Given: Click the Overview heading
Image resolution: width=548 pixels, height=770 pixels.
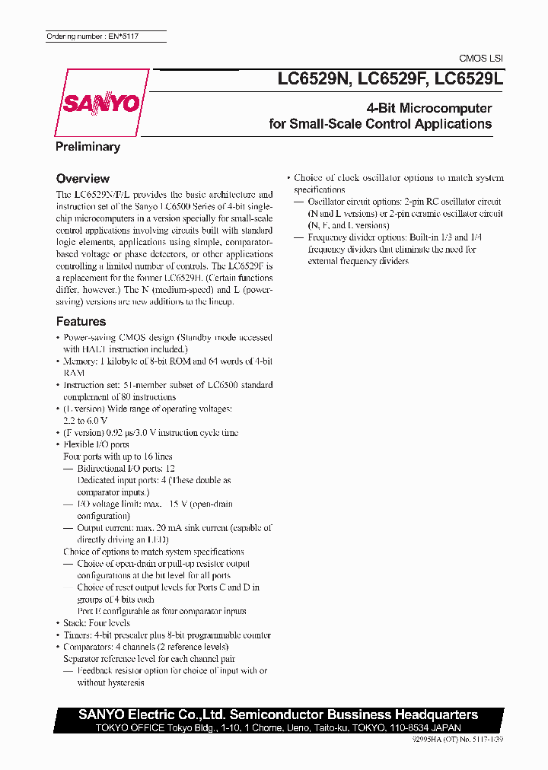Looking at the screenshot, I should click(83, 179).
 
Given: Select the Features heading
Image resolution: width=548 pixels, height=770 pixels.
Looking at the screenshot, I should click(81, 322).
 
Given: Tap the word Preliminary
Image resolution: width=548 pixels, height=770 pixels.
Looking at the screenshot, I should click(88, 147).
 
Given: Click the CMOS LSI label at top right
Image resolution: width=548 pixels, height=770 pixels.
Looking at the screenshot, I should click(481, 59).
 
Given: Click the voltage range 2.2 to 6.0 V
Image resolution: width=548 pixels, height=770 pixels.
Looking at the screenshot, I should click(85, 420).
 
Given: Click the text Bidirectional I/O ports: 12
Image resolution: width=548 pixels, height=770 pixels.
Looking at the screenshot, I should click(126, 469).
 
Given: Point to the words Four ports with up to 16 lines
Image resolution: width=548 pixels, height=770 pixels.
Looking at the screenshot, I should click(117, 457).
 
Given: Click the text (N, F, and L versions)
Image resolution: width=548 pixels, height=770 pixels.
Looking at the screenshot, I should click(349, 226).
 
